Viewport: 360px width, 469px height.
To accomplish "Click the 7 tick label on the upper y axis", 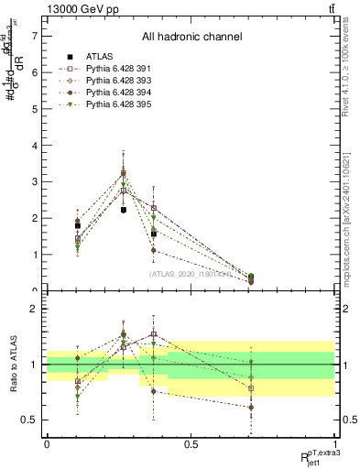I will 35,36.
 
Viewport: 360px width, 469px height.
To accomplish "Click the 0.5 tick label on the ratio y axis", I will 30,420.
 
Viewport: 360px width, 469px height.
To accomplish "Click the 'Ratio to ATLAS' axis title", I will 14,365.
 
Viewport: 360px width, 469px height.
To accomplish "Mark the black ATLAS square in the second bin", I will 124,210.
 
